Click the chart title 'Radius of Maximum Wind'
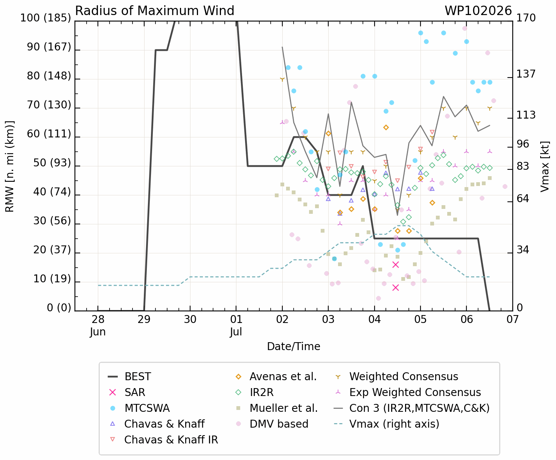pos(154,11)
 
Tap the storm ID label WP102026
pos(478,11)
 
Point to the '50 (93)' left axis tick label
pos(52,163)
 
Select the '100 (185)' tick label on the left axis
pos(46,18)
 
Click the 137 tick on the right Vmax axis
pos(526,74)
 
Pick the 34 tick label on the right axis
pos(523,250)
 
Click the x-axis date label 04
pos(375,319)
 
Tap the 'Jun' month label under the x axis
pos(98,332)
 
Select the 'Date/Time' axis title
pos(294,347)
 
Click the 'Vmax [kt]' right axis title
pos(545,166)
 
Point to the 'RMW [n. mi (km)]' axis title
pos(9,166)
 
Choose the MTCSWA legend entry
pos(139,408)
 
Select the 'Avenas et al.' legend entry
pos(276,377)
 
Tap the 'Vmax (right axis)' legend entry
pos(386,424)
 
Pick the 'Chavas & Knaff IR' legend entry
pos(163,440)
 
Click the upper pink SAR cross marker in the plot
pos(396,265)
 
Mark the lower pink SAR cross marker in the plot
pos(396,288)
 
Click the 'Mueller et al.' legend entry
pos(277,408)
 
